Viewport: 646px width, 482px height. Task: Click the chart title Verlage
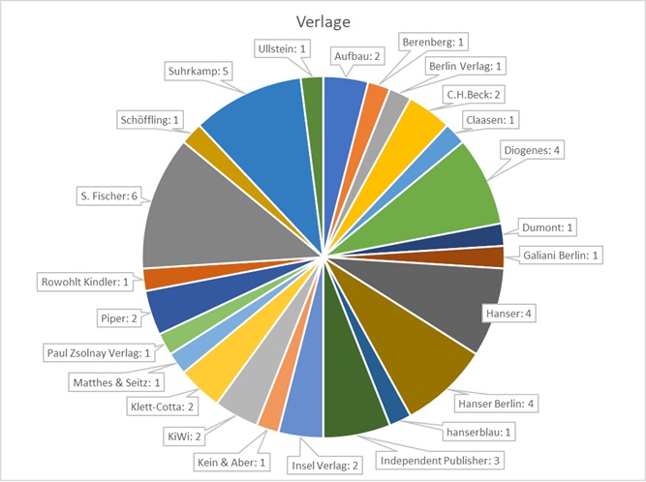[323, 21]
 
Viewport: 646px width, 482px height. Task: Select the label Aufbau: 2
[358, 57]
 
